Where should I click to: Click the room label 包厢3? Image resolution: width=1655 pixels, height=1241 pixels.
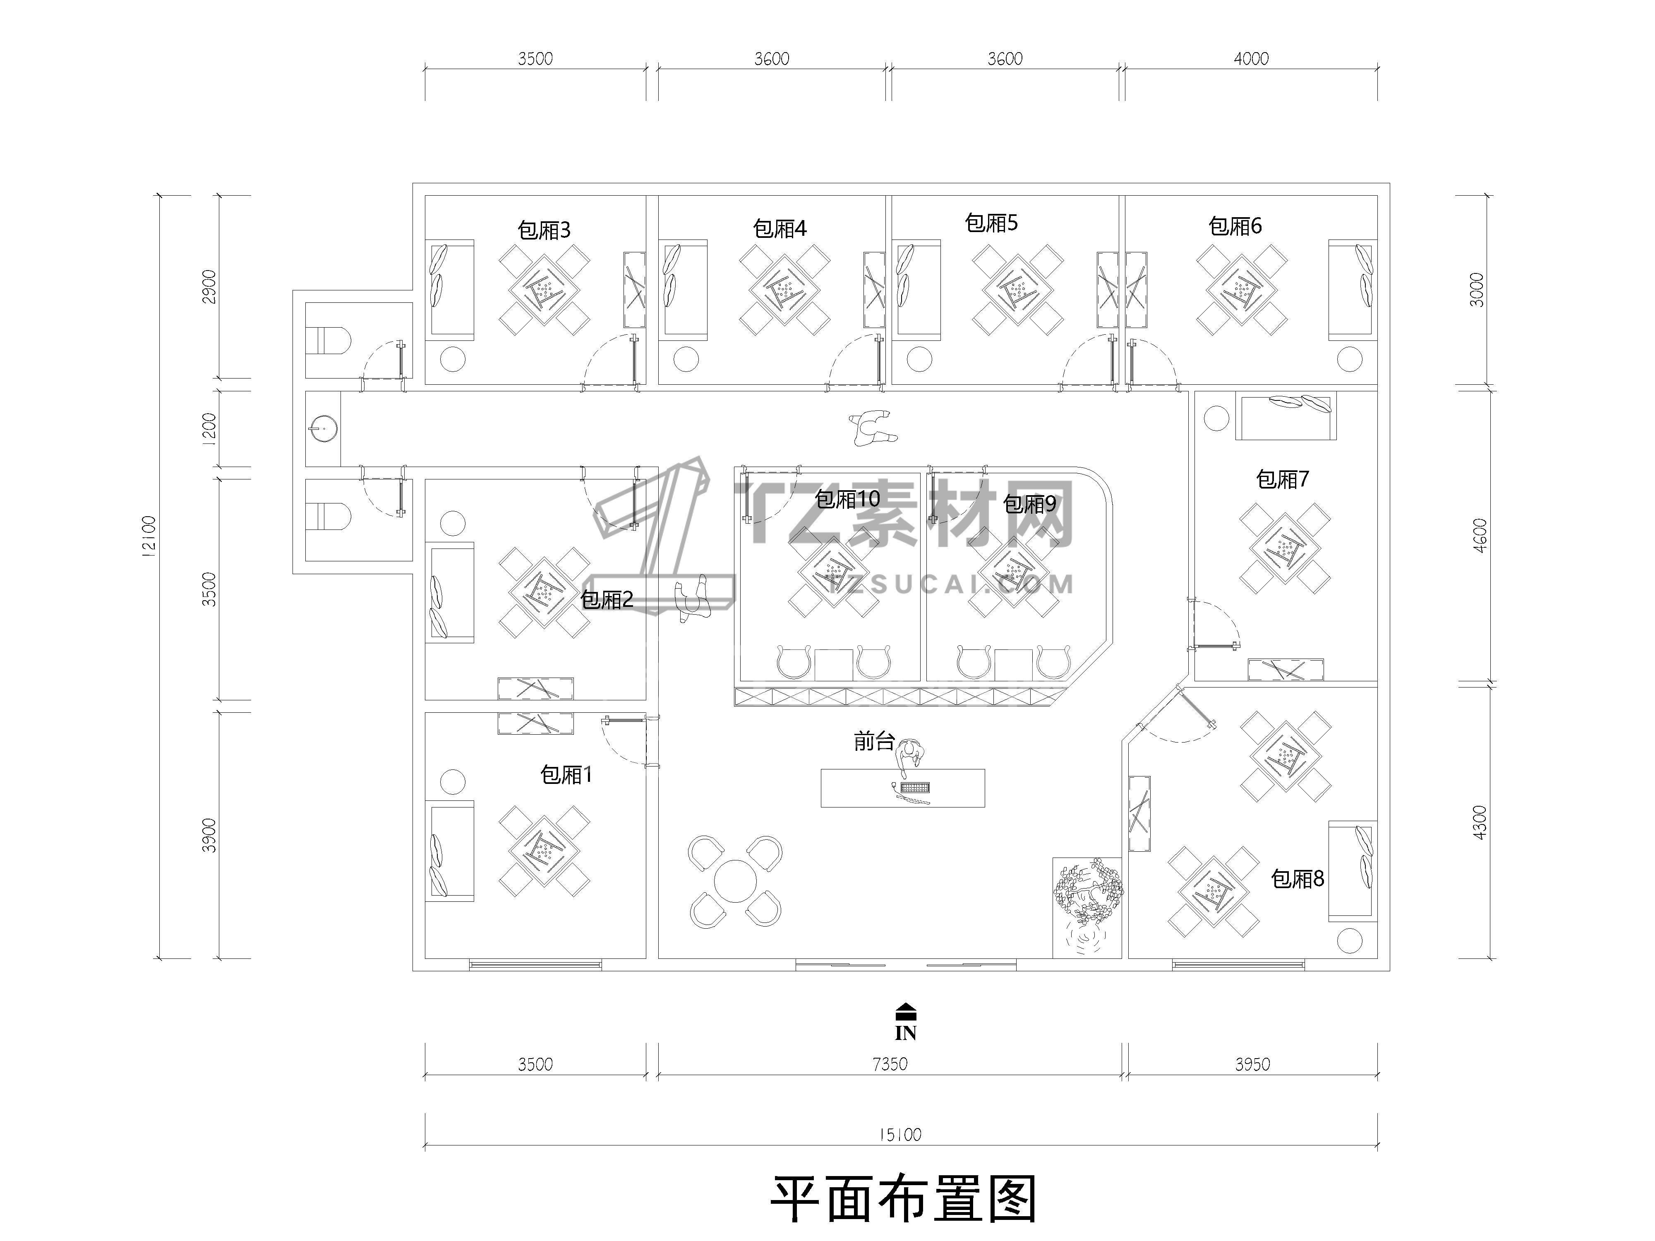pyautogui.click(x=544, y=230)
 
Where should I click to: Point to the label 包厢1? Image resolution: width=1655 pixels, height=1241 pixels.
pyautogui.click(x=566, y=774)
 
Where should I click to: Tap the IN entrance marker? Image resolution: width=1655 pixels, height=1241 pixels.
pyautogui.click(x=905, y=1022)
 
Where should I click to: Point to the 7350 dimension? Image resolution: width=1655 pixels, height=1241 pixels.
pyautogui.click(x=890, y=1064)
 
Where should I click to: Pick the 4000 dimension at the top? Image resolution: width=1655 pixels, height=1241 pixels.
pyautogui.click(x=1251, y=58)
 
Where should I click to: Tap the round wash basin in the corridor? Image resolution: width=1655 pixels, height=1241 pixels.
pyautogui.click(x=322, y=429)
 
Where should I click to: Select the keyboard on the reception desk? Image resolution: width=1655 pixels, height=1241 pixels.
pyautogui.click(x=915, y=788)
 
